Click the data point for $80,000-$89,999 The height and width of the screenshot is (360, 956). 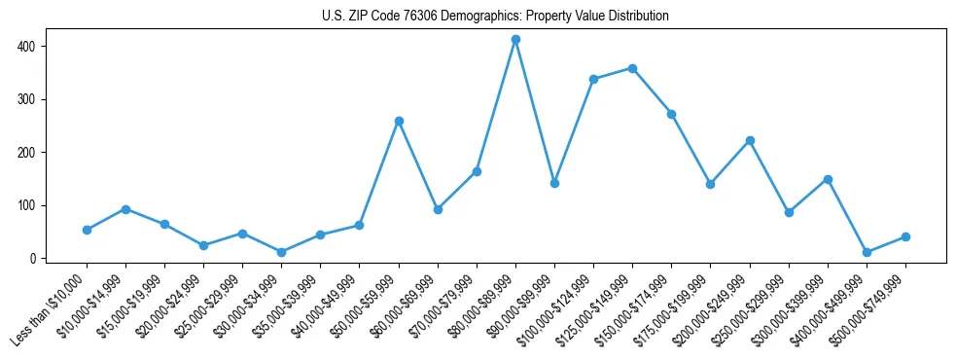click(x=515, y=40)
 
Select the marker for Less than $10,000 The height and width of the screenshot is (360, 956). click(x=87, y=230)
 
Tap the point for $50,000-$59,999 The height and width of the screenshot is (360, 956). click(x=399, y=121)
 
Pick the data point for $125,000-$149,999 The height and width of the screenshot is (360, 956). click(x=632, y=68)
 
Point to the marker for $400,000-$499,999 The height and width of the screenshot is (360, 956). click(x=867, y=252)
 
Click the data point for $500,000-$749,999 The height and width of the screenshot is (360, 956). click(x=905, y=236)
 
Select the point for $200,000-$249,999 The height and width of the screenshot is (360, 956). click(x=750, y=140)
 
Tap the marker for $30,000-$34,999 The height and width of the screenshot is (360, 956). click(x=282, y=252)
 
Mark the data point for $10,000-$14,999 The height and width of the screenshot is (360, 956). click(x=125, y=209)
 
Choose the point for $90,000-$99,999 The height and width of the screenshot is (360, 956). click(x=554, y=183)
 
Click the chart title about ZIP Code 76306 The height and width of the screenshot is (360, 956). click(x=495, y=17)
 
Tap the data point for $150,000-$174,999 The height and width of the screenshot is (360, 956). click(x=671, y=114)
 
